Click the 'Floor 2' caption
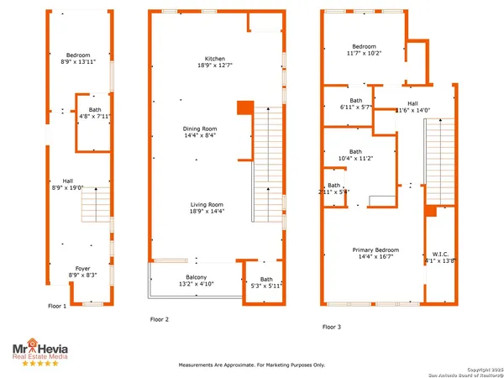[x=160, y=319]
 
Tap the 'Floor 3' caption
[x=333, y=327]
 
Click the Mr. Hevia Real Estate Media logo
[x=39, y=352]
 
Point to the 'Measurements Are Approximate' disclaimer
[x=252, y=365]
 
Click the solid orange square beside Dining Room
[x=244, y=108]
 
